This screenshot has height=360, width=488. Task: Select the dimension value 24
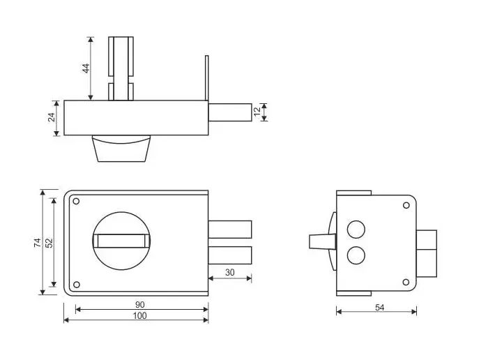coord(52,117)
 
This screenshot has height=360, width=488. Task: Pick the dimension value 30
coord(229,271)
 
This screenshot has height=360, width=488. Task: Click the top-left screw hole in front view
coord(76,202)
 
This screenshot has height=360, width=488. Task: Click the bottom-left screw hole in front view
coord(76,283)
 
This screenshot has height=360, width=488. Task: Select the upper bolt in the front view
coord(230,230)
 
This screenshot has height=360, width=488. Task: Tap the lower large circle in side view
coord(356,255)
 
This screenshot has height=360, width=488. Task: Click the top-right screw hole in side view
coord(405,205)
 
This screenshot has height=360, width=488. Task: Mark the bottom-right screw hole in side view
coord(405,282)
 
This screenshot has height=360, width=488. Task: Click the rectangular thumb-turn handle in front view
coord(122,241)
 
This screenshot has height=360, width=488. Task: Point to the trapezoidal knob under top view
coord(122,148)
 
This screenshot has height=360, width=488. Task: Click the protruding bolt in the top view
coord(229,112)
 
